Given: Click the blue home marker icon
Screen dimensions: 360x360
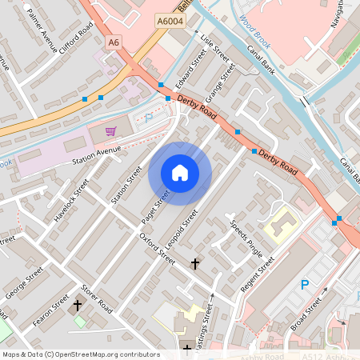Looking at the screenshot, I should pos(180,173).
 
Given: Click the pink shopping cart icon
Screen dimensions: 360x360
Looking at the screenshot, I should pos(111,130).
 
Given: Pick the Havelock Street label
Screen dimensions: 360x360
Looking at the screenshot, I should pos(70,203).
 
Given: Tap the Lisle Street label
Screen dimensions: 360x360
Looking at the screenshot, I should pos(215,49).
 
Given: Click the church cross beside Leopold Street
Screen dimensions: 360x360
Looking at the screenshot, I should pos(194,262).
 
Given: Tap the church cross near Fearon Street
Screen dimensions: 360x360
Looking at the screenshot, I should pos(78,305).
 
